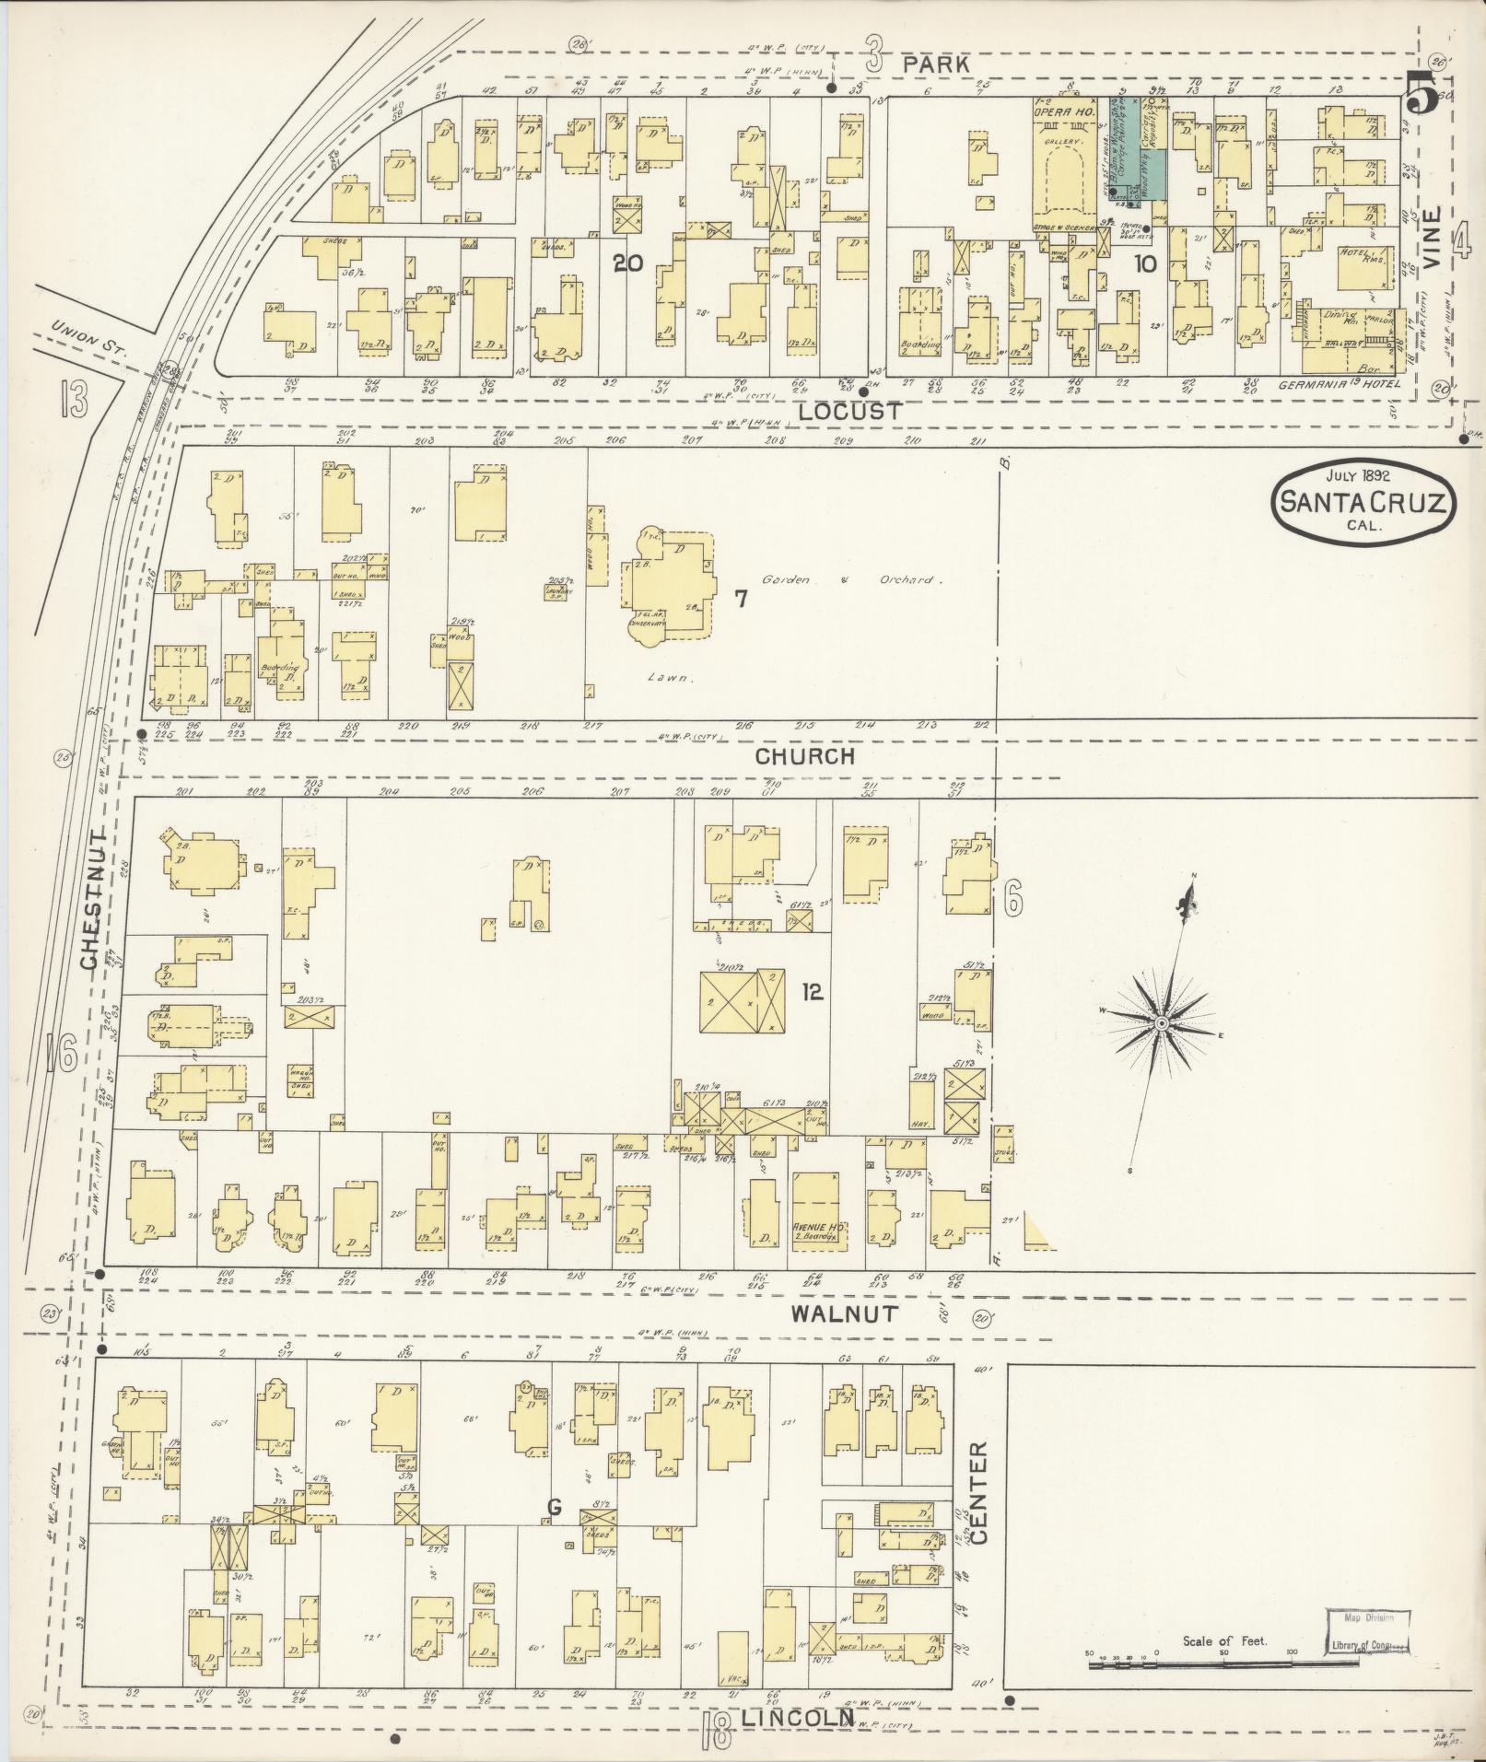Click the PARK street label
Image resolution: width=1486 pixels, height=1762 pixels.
tap(936, 64)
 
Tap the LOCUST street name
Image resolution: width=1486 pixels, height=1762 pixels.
tap(849, 412)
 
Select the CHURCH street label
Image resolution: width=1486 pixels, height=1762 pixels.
tap(805, 756)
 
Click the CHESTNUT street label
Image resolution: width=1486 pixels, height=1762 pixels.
tap(89, 896)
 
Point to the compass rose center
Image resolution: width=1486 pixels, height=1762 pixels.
tap(1162, 1024)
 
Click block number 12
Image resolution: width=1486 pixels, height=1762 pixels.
tap(812, 992)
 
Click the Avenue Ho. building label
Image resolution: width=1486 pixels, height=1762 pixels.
tap(814, 1228)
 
